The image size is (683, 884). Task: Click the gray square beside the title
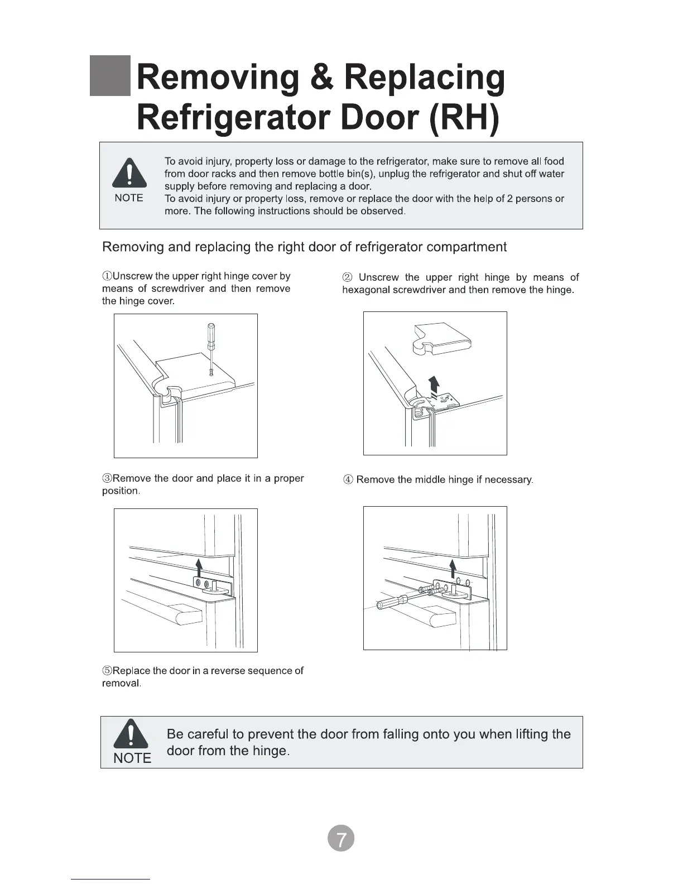[x=110, y=76]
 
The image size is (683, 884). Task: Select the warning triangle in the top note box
[x=129, y=173]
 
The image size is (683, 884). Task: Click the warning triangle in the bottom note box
[x=131, y=733]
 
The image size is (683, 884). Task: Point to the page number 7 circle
[x=340, y=838]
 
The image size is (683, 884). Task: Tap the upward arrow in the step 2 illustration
[x=434, y=385]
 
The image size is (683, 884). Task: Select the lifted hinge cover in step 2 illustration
[x=441, y=338]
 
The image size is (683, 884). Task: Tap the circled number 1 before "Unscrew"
[x=107, y=276]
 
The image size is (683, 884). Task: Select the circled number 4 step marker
[x=348, y=480]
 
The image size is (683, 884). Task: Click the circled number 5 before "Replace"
[x=107, y=671]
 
